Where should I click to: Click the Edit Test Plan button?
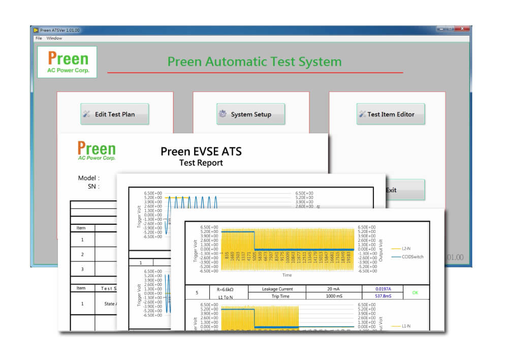(x=114, y=114)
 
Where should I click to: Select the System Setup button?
(x=250, y=114)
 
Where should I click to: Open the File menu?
(x=39, y=38)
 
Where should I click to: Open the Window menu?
(x=54, y=38)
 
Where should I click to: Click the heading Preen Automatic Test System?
(x=255, y=62)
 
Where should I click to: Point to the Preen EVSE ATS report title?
(x=201, y=152)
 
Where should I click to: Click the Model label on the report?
(x=88, y=178)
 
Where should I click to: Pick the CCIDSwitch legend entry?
(x=412, y=257)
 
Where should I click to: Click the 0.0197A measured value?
(x=382, y=289)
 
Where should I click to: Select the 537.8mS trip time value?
(x=382, y=296)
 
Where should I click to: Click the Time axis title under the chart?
(x=287, y=275)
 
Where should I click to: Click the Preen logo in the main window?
(x=67, y=62)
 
